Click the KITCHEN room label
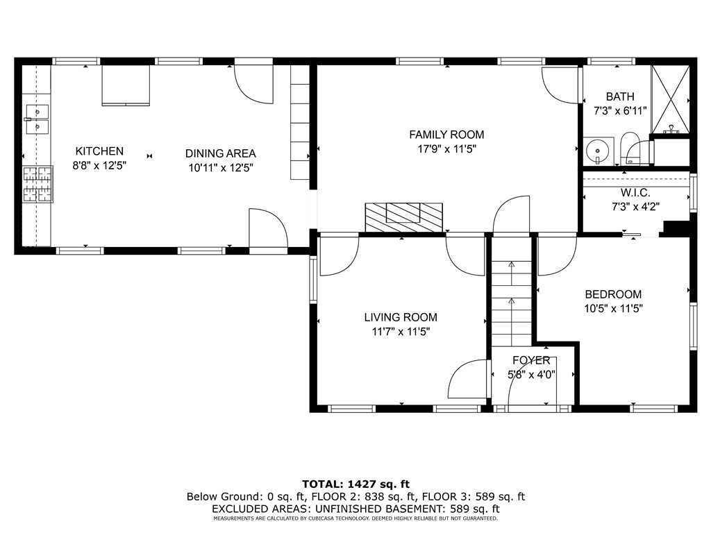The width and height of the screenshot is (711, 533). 99,151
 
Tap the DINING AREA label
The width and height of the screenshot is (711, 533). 220,153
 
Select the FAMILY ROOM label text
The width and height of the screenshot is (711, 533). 446,135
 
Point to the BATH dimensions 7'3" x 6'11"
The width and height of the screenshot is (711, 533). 620,110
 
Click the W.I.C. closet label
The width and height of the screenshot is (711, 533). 635,193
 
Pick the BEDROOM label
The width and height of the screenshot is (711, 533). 613,294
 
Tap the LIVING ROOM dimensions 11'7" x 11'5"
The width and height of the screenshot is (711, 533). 401,332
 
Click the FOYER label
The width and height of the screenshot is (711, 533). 531,360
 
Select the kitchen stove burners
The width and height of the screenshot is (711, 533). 37,184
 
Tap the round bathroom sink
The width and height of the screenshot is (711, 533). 598,150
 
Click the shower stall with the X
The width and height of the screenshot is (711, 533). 671,99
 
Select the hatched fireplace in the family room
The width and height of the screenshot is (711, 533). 403,217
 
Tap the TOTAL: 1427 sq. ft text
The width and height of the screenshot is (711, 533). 356,484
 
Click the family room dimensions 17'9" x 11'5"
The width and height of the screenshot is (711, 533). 446,149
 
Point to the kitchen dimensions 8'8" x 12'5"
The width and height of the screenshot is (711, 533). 99,165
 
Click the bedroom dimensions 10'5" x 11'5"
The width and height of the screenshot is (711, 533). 613,309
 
